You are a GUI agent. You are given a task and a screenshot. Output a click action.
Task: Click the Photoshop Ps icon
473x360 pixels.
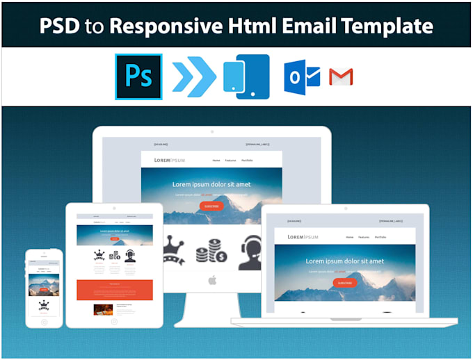point(138,76)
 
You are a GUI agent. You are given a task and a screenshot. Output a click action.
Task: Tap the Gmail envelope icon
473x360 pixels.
point(341,76)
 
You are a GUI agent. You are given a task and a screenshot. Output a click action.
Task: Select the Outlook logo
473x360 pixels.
point(301,76)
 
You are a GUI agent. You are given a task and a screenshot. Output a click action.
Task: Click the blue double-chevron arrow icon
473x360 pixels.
point(193,76)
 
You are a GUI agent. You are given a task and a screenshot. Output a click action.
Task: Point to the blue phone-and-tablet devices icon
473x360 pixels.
point(246,76)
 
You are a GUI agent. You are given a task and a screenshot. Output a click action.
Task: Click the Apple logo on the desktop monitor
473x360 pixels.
point(211,279)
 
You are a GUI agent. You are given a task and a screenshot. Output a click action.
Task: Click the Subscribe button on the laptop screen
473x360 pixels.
point(344,283)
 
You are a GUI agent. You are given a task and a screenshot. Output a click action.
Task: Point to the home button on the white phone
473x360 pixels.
point(44,321)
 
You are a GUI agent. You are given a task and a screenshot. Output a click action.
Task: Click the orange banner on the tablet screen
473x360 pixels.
point(115,290)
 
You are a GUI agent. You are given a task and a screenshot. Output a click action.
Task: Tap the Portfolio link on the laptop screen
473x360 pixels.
point(380,237)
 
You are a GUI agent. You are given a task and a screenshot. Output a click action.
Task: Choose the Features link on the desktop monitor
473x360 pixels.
point(230,161)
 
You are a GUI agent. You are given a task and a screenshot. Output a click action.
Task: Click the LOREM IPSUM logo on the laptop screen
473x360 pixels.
point(303,237)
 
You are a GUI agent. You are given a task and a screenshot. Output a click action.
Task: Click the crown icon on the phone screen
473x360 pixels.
point(44,304)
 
